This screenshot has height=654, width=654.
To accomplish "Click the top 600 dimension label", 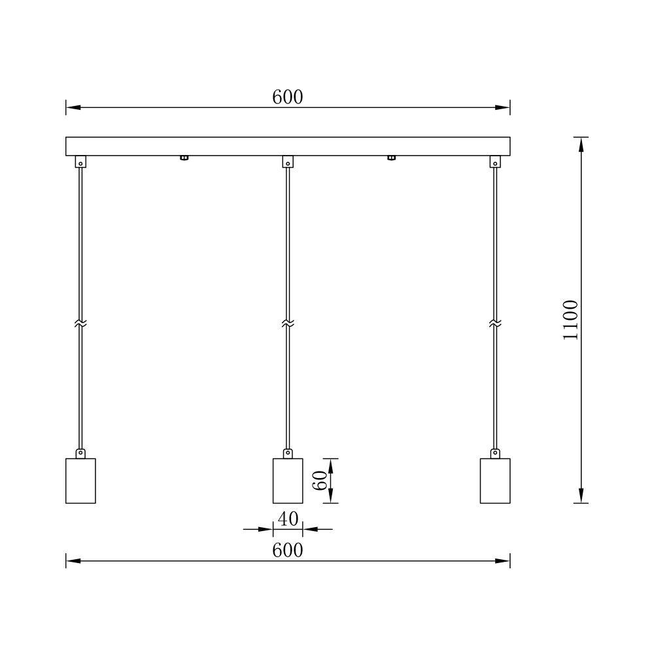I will [288, 97].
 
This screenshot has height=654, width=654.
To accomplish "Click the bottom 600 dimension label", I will [288, 550].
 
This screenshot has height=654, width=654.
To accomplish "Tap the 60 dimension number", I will [319, 481].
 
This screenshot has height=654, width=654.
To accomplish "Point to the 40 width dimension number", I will [288, 519].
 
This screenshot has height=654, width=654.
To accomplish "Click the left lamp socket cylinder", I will [80, 481].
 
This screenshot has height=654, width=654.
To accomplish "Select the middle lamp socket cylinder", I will [288, 481].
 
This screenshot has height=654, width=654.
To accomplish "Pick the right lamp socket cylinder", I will [495, 481].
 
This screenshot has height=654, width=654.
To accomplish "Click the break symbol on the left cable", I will [80, 324].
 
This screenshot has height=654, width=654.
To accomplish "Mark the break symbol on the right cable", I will [495, 324].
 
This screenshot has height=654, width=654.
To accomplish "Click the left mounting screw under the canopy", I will [184, 158].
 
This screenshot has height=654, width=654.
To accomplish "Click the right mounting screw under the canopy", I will [391, 158].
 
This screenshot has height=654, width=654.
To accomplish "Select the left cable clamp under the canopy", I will [80, 162].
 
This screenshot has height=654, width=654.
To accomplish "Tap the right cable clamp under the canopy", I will [495, 162].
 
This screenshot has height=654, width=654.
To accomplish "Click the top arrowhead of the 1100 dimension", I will [581, 145].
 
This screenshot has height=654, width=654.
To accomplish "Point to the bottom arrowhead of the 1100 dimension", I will [581, 496].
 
